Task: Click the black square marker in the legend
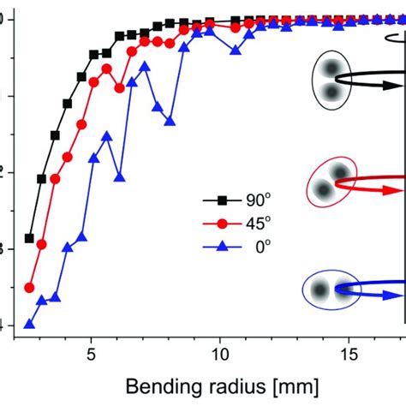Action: point(222,201)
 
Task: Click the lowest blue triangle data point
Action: point(29,325)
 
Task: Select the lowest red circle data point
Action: point(29,288)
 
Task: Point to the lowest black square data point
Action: point(29,238)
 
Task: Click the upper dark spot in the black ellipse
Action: point(330,69)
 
